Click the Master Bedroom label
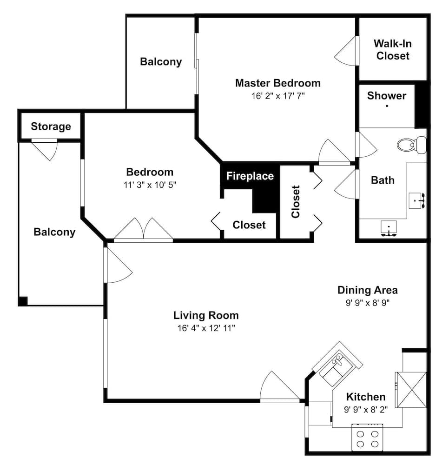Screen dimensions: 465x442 point(277,83)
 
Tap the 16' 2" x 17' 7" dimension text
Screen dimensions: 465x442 point(277,96)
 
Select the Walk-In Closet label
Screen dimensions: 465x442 point(393,50)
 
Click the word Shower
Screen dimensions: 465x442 point(386,96)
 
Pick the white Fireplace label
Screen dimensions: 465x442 point(250,176)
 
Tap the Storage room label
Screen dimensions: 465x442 point(51,126)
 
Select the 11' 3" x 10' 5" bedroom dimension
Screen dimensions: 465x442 point(150,185)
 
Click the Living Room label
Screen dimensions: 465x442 point(206,315)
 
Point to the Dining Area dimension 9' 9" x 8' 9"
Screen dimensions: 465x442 point(367,303)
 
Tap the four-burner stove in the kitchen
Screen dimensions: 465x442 point(367,438)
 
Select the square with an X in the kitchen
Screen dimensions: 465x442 point(410,387)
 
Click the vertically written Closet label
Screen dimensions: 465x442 point(296,202)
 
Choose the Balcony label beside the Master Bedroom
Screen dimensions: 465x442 point(161,62)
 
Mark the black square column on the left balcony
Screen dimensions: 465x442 point(23,301)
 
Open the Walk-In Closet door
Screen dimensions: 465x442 point(346,51)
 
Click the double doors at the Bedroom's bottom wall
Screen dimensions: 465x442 point(144,229)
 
